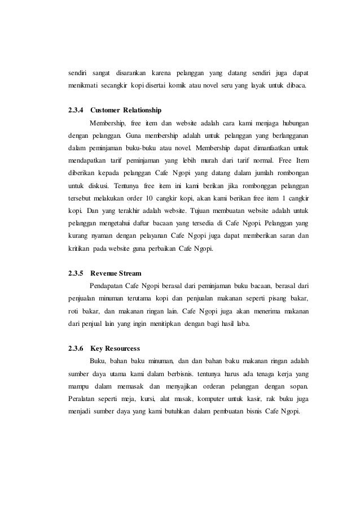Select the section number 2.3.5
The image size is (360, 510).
coord(75,273)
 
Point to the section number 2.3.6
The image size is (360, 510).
coord(75,348)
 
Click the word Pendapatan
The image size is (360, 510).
coord(108,286)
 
